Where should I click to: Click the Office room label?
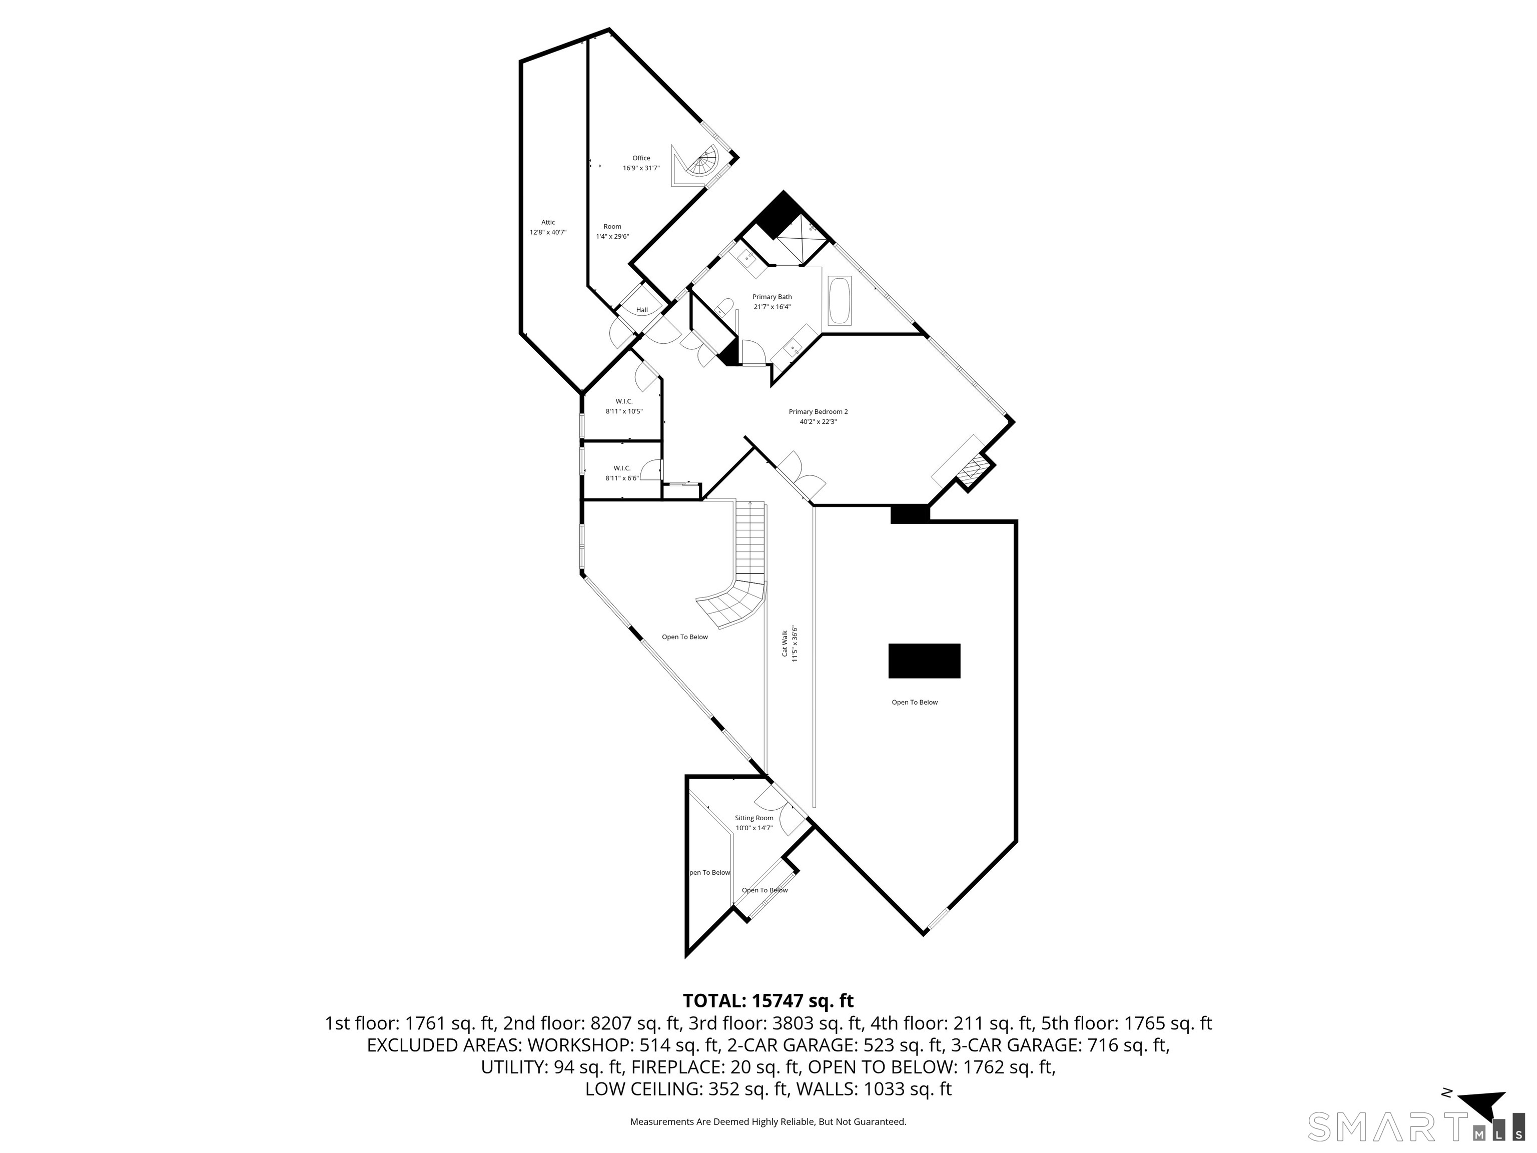(x=640, y=163)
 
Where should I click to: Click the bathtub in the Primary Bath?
(x=840, y=300)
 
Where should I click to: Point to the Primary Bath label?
(x=772, y=302)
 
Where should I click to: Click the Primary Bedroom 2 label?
(x=818, y=416)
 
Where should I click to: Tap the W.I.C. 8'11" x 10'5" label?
(x=623, y=406)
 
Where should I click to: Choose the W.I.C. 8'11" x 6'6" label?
(x=622, y=472)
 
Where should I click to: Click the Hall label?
(x=641, y=310)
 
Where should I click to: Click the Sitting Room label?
(x=754, y=823)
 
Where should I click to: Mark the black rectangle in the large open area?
(x=924, y=660)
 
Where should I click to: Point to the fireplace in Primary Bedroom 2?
(x=972, y=470)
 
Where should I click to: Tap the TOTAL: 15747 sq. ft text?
(x=768, y=1001)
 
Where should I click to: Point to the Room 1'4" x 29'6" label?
(x=612, y=231)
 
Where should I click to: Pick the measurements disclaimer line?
(x=768, y=1122)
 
